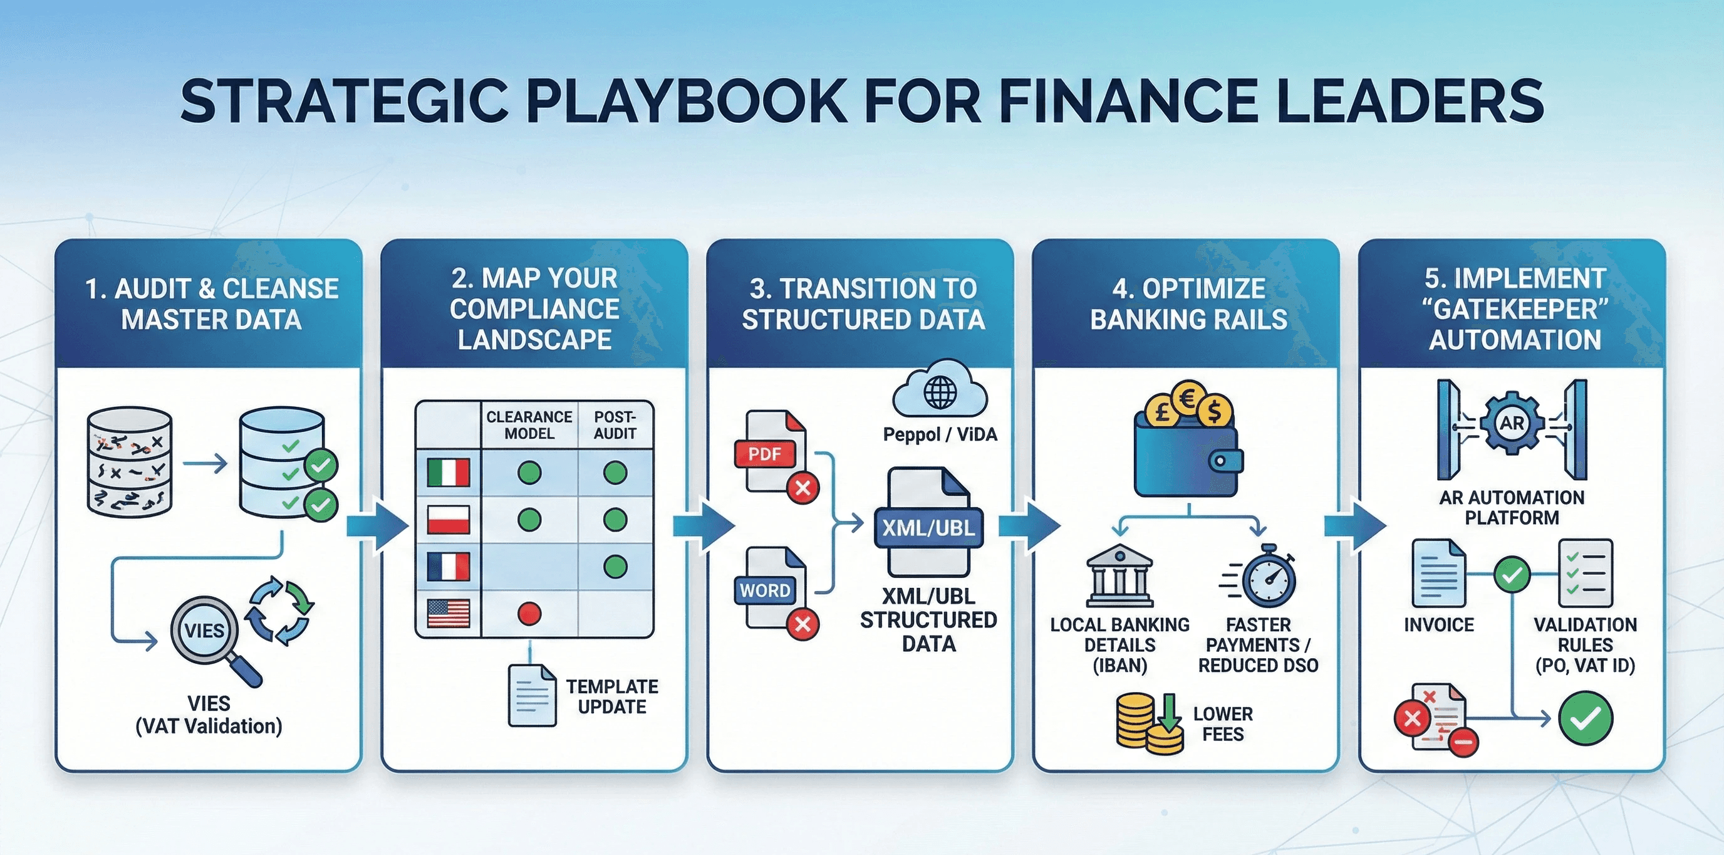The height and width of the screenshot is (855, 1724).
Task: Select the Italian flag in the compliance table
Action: [448, 472]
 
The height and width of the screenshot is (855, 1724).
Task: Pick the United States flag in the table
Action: [448, 613]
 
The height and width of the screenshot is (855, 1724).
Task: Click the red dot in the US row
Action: [529, 613]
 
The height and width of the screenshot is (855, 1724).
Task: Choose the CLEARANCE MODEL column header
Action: [529, 425]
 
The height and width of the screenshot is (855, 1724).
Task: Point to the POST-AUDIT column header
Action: [615, 425]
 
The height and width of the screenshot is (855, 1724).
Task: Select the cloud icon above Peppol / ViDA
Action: [940, 391]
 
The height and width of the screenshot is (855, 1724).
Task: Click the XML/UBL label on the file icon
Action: [928, 528]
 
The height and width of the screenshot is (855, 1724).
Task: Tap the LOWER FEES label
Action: [1223, 724]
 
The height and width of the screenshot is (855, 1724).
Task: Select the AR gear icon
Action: [1512, 423]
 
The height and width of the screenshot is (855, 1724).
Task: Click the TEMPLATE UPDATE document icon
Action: [532, 696]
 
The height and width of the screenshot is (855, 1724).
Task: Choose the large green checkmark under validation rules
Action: [1585, 718]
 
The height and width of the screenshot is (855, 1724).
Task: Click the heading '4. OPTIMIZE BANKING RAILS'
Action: [1188, 304]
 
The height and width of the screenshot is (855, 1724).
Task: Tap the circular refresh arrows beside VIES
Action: [280, 610]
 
